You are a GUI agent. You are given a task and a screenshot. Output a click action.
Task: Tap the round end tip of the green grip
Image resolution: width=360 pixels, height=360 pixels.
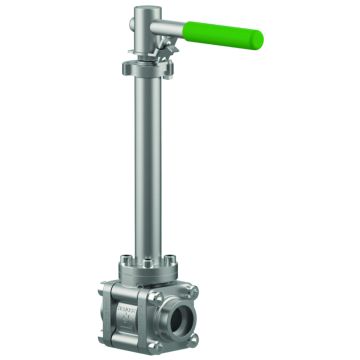click(x=259, y=41)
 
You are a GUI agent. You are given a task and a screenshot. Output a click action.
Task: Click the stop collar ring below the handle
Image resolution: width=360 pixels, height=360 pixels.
click(x=146, y=68)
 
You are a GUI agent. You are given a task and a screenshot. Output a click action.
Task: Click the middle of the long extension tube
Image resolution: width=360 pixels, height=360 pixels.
click(x=146, y=160)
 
